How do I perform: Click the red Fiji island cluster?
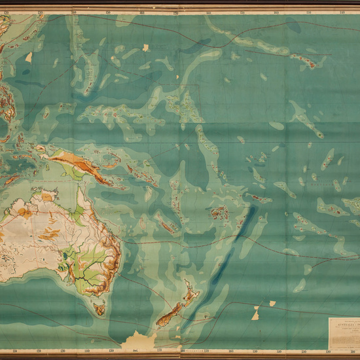219,213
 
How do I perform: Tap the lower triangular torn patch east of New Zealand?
255,315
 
